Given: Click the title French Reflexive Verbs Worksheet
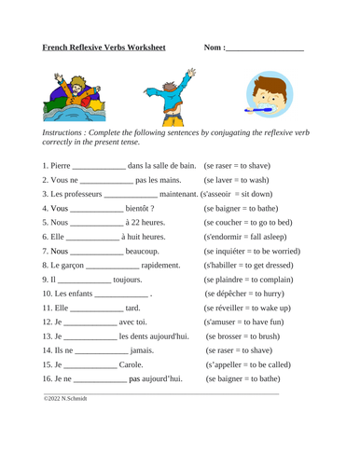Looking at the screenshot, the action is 104,47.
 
